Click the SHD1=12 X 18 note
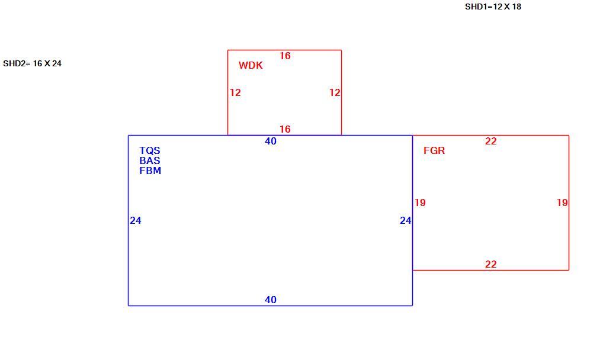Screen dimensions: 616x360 493,7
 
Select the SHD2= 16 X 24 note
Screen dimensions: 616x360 32,63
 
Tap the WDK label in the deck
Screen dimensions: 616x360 251,65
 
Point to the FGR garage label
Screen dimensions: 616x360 434,150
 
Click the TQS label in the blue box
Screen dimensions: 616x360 150,150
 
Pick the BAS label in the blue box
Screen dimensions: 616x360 150,160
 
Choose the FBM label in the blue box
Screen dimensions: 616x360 150,171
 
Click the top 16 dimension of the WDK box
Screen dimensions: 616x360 285,56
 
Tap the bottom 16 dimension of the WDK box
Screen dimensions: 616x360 285,129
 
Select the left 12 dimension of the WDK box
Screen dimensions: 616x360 235,92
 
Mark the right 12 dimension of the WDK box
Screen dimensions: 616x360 335,92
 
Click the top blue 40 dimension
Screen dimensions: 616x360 271,142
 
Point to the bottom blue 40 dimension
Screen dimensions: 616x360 271,300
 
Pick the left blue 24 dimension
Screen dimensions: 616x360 136,221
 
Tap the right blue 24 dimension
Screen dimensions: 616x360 406,221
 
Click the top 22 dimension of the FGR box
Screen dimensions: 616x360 490,142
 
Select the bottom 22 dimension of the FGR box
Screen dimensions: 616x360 490,265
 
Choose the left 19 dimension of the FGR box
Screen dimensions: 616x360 420,202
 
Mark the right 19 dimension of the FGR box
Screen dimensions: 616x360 562,202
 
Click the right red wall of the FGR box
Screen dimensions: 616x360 569,202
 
